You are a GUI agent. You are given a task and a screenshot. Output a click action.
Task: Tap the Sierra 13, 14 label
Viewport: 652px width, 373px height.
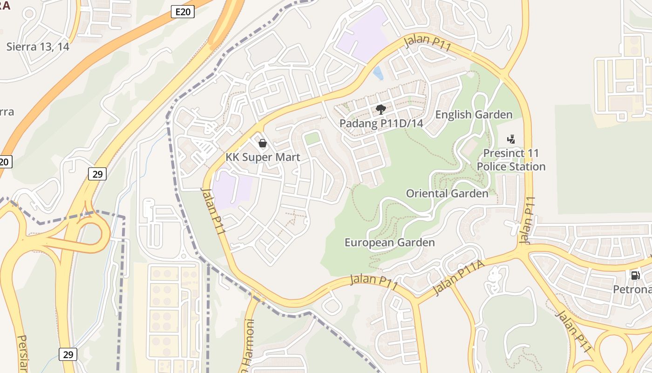point(38,47)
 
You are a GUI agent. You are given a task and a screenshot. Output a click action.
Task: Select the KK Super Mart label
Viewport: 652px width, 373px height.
point(263,157)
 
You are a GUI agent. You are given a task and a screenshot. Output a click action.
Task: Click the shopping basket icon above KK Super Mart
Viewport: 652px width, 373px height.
point(263,143)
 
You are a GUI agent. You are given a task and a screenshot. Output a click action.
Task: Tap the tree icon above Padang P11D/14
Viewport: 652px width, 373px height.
point(380,110)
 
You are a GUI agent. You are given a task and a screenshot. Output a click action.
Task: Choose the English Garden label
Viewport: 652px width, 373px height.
point(474,115)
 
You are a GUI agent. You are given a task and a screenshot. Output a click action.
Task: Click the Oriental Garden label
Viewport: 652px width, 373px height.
point(447,193)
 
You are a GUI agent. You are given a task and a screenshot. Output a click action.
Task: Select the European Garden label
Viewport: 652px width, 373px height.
point(389,242)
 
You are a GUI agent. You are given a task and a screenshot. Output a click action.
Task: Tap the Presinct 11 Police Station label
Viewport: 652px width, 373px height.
point(511,160)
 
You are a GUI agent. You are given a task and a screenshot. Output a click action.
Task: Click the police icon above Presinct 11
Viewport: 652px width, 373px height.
point(511,139)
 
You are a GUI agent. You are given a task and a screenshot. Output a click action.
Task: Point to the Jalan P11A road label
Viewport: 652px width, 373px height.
point(458,278)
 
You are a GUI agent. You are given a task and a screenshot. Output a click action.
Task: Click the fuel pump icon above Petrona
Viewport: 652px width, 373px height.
point(635,275)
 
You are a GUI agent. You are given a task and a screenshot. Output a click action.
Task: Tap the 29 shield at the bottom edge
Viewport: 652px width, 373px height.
point(68,354)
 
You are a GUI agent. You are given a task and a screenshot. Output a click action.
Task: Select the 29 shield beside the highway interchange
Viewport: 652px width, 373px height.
point(97,174)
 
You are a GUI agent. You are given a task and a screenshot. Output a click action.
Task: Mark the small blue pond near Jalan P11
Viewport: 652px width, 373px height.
point(379,73)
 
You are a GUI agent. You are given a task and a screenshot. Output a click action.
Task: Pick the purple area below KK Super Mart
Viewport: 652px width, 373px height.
point(233,189)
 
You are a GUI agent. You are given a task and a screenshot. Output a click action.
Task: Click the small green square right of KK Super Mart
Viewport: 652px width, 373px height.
point(312,138)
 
